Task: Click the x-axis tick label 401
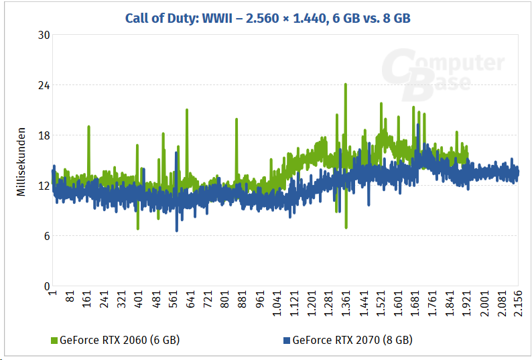138,300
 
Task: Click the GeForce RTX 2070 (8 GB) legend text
352,340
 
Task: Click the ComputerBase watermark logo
442,72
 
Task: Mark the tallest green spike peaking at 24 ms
345,85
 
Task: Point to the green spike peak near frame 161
88,127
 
